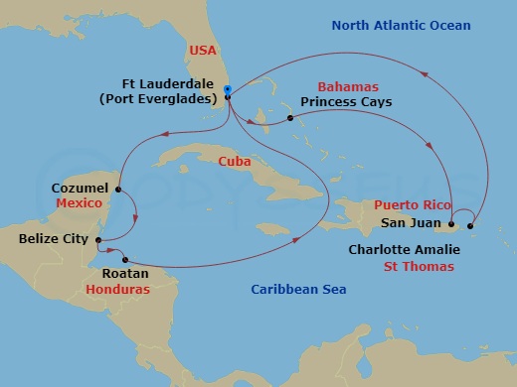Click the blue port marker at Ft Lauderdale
click(x=228, y=91)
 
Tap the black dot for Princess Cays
click(x=289, y=119)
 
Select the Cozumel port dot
click(x=118, y=189)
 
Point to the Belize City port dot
click(x=97, y=238)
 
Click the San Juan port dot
click(x=451, y=224)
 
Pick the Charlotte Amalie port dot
click(x=470, y=225)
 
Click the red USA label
click(x=203, y=50)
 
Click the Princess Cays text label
click(x=345, y=102)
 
